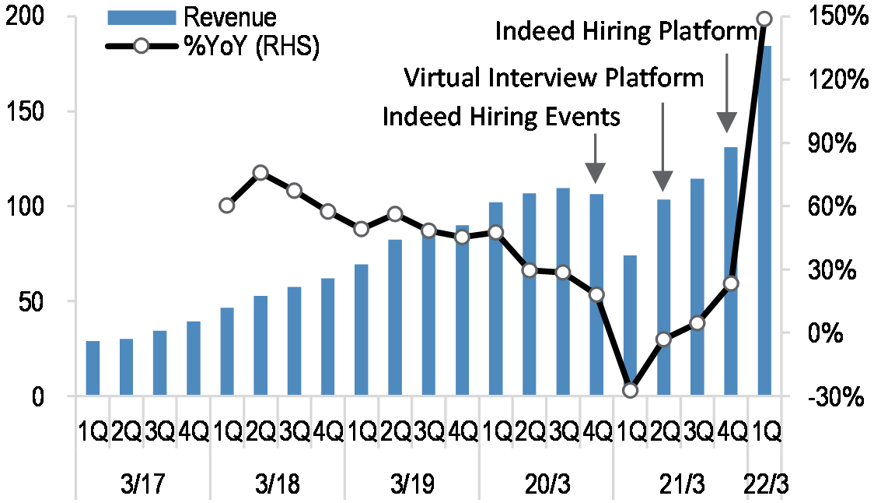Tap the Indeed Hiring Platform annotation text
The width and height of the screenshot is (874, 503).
point(626,31)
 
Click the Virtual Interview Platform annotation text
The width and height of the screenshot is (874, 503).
point(554,78)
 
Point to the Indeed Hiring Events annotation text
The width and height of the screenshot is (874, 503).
point(502,117)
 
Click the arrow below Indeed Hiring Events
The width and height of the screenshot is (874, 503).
point(595,160)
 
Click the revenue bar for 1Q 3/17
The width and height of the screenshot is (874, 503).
point(93,368)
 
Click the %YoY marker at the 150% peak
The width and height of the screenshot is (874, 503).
point(764,19)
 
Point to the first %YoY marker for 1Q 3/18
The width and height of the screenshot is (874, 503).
point(227,206)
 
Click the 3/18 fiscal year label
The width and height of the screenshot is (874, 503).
point(278,484)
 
